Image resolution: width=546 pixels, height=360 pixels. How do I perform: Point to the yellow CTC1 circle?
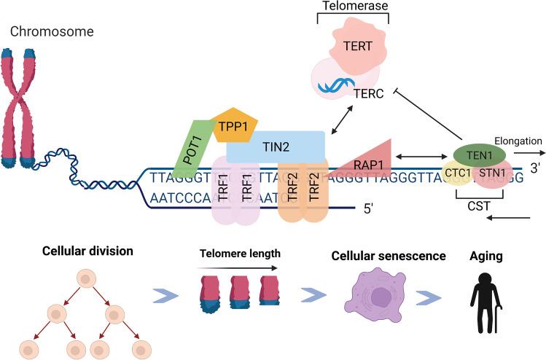[458, 173]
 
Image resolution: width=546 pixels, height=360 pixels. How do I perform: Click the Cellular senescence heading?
[378, 258]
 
